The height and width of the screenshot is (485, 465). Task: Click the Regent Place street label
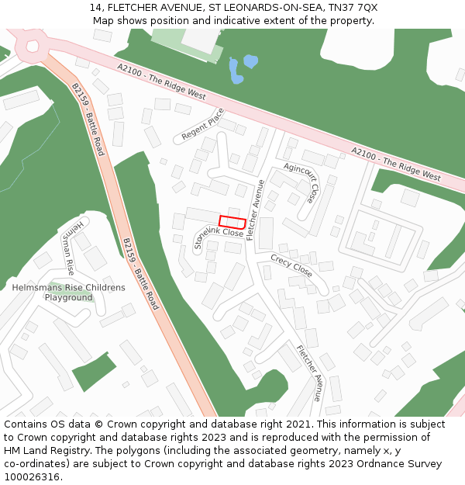(x=203, y=124)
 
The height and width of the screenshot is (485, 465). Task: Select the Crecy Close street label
(x=291, y=265)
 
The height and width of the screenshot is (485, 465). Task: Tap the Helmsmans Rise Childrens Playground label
(x=68, y=293)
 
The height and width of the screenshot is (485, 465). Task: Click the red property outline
(x=232, y=222)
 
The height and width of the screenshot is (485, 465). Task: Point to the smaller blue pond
(x=250, y=61)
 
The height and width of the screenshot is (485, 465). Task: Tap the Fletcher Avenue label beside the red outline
(x=255, y=210)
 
